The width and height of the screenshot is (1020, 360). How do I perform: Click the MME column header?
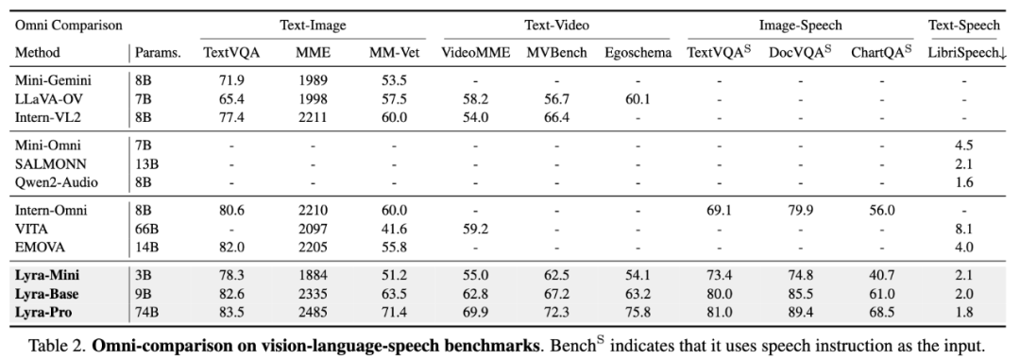pos(313,53)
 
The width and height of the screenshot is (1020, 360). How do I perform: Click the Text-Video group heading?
pos(557,26)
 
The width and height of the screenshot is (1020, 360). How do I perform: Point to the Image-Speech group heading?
pos(800,26)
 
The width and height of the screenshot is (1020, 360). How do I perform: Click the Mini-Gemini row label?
pos(53,81)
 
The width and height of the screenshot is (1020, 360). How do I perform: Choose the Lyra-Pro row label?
pos(42,313)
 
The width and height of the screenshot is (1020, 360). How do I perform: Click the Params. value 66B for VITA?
pos(146,230)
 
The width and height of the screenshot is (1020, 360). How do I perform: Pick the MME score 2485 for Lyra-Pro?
pos(313,313)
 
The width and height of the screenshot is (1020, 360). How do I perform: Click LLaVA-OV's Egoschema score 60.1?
pos(637,99)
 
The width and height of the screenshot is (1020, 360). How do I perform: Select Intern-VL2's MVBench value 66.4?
pos(557,117)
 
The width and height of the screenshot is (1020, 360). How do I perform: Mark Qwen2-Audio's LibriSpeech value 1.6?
pos(964,182)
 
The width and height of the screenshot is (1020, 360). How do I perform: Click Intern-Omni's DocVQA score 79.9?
pos(800,211)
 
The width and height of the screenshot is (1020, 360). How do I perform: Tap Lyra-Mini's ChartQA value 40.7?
pos(881,276)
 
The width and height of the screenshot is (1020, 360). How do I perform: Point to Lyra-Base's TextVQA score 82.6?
pos(231,294)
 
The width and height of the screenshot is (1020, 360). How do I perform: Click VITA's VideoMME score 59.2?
pos(475,230)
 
